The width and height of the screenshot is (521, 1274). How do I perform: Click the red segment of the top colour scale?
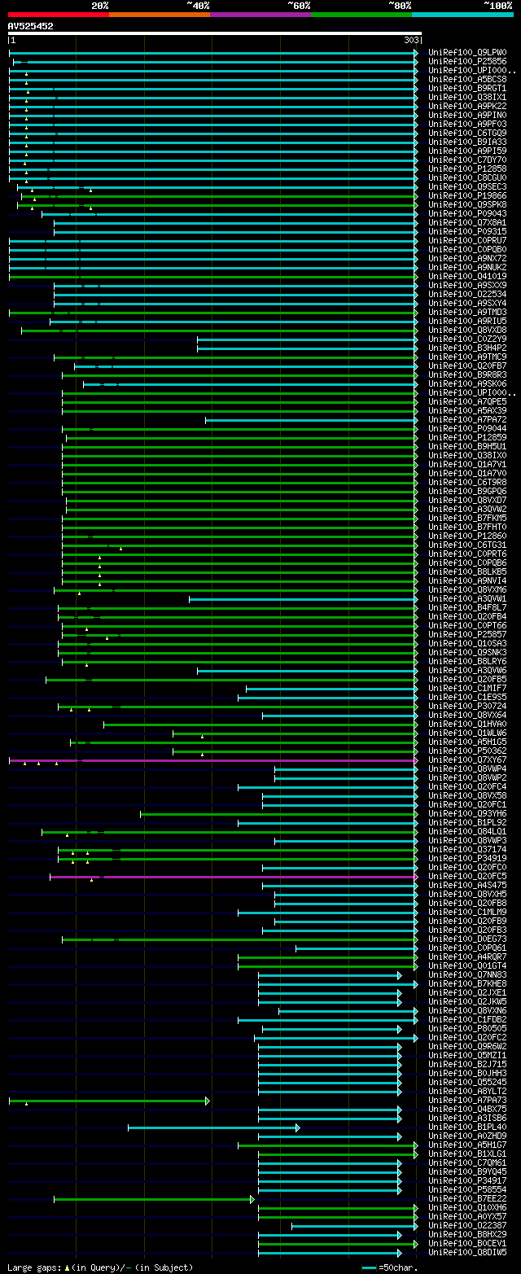58,15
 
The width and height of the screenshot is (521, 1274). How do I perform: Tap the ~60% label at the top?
299,6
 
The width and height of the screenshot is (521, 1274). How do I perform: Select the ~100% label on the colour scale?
497,6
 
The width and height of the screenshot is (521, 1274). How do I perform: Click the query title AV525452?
31,26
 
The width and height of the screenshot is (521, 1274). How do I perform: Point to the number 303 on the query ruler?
410,40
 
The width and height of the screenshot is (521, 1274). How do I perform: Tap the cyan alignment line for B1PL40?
212,1127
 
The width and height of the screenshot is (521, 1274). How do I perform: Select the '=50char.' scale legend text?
398,1267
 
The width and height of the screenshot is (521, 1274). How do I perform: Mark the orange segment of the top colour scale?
159,15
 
